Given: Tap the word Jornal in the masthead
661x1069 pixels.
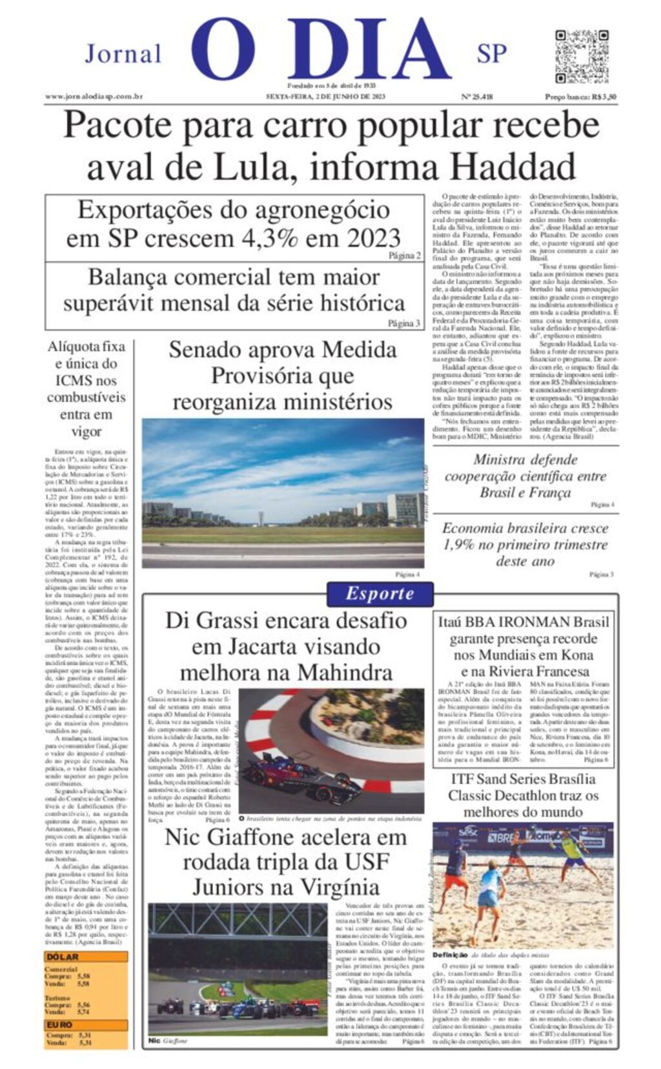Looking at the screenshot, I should point(123,54).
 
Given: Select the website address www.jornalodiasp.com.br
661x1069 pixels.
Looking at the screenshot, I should point(94,97).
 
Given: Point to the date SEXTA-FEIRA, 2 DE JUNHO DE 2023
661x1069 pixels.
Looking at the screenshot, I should point(325,97).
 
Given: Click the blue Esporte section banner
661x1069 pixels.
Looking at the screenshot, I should point(380,593).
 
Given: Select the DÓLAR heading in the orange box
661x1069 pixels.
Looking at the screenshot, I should point(62,957).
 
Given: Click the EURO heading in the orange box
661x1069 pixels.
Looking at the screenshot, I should point(59,1024).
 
